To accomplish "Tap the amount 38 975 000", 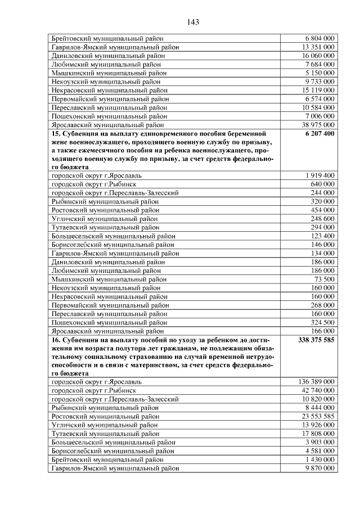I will click(318, 125).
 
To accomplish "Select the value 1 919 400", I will click(320, 176).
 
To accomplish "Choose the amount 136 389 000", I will click(316, 382).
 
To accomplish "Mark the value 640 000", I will click(322, 184).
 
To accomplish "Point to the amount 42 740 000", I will click(318, 391).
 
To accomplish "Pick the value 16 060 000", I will click(318, 56).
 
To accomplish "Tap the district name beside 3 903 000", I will click(113, 443).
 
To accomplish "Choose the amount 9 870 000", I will click(320, 468).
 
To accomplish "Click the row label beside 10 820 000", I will click(115, 399).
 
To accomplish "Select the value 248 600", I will click(322, 219).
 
